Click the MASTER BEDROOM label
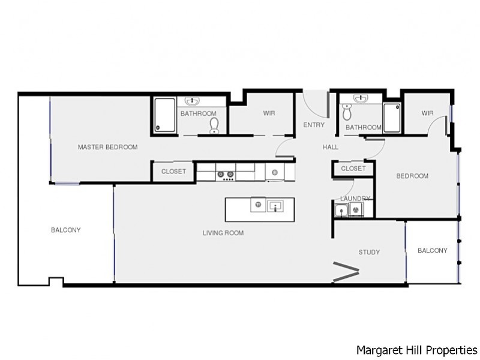tap(107, 147)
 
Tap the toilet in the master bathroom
tap(214, 125)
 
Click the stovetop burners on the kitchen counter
tap(225, 175)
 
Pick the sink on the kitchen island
tap(276, 206)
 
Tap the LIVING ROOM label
tap(223, 233)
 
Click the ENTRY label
tap(314, 125)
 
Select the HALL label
tap(330, 147)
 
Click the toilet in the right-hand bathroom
tap(346, 112)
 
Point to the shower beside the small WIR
tap(391, 118)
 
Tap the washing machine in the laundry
tap(356, 210)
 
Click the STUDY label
tap(369, 252)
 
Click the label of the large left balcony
tap(65, 230)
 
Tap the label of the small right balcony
tap(432, 251)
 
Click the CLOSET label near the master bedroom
tap(173, 172)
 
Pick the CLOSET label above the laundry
tap(353, 169)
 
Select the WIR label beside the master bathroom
tap(269, 113)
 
